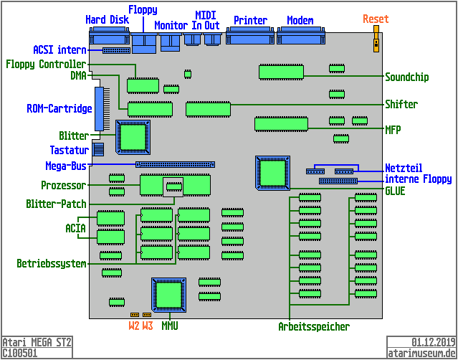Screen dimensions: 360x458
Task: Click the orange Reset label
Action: click(376, 19)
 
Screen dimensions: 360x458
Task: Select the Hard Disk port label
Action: click(107, 20)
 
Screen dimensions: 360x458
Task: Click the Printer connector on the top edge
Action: click(250, 37)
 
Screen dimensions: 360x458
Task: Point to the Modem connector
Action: click(300, 37)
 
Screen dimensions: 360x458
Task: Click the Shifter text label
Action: click(401, 104)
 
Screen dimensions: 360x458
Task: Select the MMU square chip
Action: click(169, 295)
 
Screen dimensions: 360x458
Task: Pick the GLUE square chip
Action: click(272, 172)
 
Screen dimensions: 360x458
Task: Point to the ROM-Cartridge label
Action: click(59, 109)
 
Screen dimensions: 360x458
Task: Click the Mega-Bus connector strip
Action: click(175, 164)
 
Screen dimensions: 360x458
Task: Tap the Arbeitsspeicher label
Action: click(314, 327)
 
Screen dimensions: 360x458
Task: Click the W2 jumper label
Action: click(134, 326)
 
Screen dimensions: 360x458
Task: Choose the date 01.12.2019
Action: click(428, 342)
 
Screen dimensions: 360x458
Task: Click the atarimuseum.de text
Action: click(421, 353)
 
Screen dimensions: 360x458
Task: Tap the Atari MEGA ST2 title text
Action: click(37, 342)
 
